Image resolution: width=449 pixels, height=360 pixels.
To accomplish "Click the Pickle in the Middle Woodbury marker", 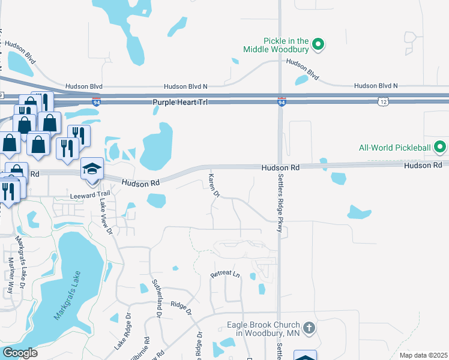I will click(320, 44).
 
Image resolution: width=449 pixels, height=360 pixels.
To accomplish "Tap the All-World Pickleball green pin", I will click(440, 146).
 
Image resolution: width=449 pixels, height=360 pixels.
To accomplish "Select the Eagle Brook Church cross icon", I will click(309, 328).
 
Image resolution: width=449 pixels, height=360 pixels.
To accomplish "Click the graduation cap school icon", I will click(92, 168).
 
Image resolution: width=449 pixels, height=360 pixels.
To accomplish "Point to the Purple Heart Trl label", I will click(179, 103).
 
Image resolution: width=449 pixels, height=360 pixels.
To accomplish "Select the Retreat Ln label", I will click(224, 275).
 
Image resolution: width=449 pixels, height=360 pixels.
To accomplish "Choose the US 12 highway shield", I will click(382, 103).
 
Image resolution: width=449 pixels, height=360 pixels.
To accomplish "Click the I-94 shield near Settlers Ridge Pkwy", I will click(281, 103).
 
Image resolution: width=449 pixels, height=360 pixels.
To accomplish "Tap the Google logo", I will click(20, 353).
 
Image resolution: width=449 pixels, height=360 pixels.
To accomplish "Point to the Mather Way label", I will click(11, 275).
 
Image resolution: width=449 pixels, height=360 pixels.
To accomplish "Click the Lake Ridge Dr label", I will click(122, 332).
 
